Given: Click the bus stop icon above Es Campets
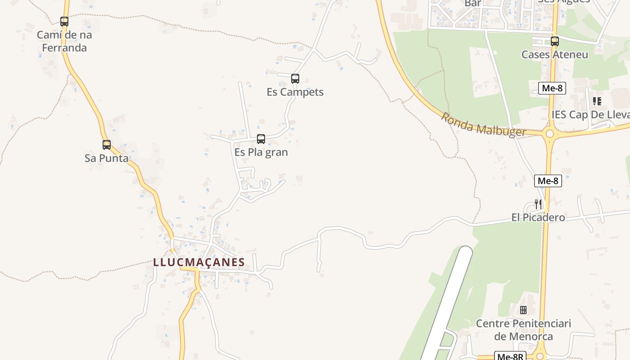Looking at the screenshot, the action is tap(295, 79).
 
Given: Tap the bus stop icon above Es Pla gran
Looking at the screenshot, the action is tap(261, 139).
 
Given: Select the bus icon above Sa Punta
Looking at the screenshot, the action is tap(107, 145).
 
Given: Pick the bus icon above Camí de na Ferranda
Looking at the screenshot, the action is tap(64, 21).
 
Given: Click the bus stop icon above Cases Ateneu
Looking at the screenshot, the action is tap(555, 41).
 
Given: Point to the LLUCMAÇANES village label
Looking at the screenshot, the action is tap(199, 262).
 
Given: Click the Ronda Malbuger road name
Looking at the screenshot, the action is tap(483, 125).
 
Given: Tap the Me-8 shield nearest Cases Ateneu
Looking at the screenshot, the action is tap(552, 88).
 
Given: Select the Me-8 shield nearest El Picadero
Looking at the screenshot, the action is tap(548, 181).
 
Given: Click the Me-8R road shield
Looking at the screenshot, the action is tap(510, 356).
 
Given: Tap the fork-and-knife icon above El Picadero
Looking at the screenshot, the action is tap(538, 204).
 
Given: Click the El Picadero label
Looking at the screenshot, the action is tap(538, 218).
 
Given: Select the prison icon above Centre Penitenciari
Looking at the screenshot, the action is tap(523, 310).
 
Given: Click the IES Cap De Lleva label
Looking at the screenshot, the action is tap(590, 115).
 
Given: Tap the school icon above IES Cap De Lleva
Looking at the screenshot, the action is tap(597, 101).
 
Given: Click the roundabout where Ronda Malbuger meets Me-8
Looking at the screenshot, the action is tap(549, 134).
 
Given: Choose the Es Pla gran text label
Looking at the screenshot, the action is tap(261, 152).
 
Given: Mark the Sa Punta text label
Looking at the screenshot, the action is tap(107, 158).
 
